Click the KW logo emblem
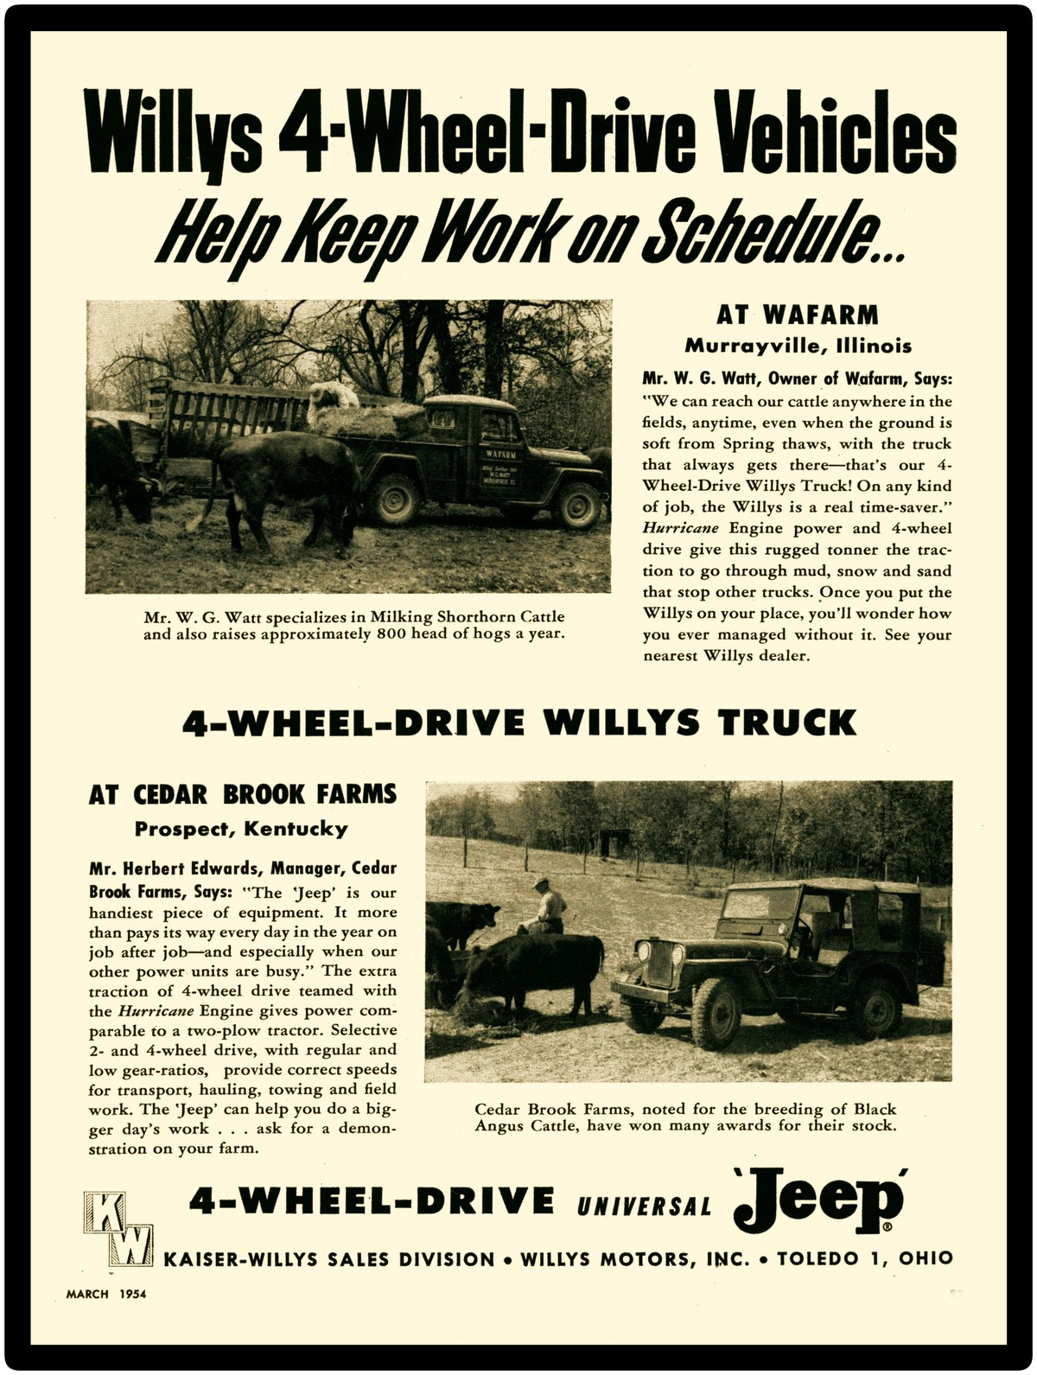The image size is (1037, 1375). pyautogui.click(x=118, y=1228)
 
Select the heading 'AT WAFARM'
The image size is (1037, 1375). pyautogui.click(x=797, y=315)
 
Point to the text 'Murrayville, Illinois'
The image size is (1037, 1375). pyautogui.click(x=798, y=347)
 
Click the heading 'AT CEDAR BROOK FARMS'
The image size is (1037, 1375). pyautogui.click(x=243, y=794)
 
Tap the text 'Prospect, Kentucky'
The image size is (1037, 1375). pyautogui.click(x=241, y=829)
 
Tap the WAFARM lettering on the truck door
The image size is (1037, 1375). pyautogui.click(x=499, y=453)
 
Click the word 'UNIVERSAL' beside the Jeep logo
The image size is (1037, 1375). pyautogui.click(x=645, y=1205)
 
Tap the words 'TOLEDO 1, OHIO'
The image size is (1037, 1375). pyautogui.click(x=864, y=1258)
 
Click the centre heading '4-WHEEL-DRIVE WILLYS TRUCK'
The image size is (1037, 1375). pyautogui.click(x=518, y=723)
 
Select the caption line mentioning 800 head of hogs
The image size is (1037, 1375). pyautogui.click(x=354, y=634)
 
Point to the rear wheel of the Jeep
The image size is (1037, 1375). pyautogui.click(x=875, y=1009)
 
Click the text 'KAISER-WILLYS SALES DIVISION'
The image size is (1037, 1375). pyautogui.click(x=328, y=1259)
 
